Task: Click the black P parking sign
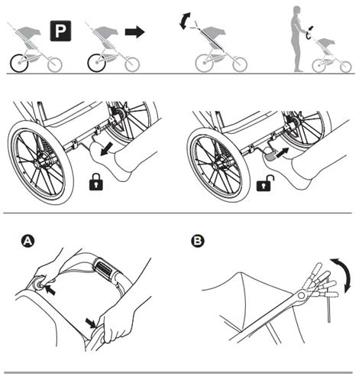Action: (x=60, y=31)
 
